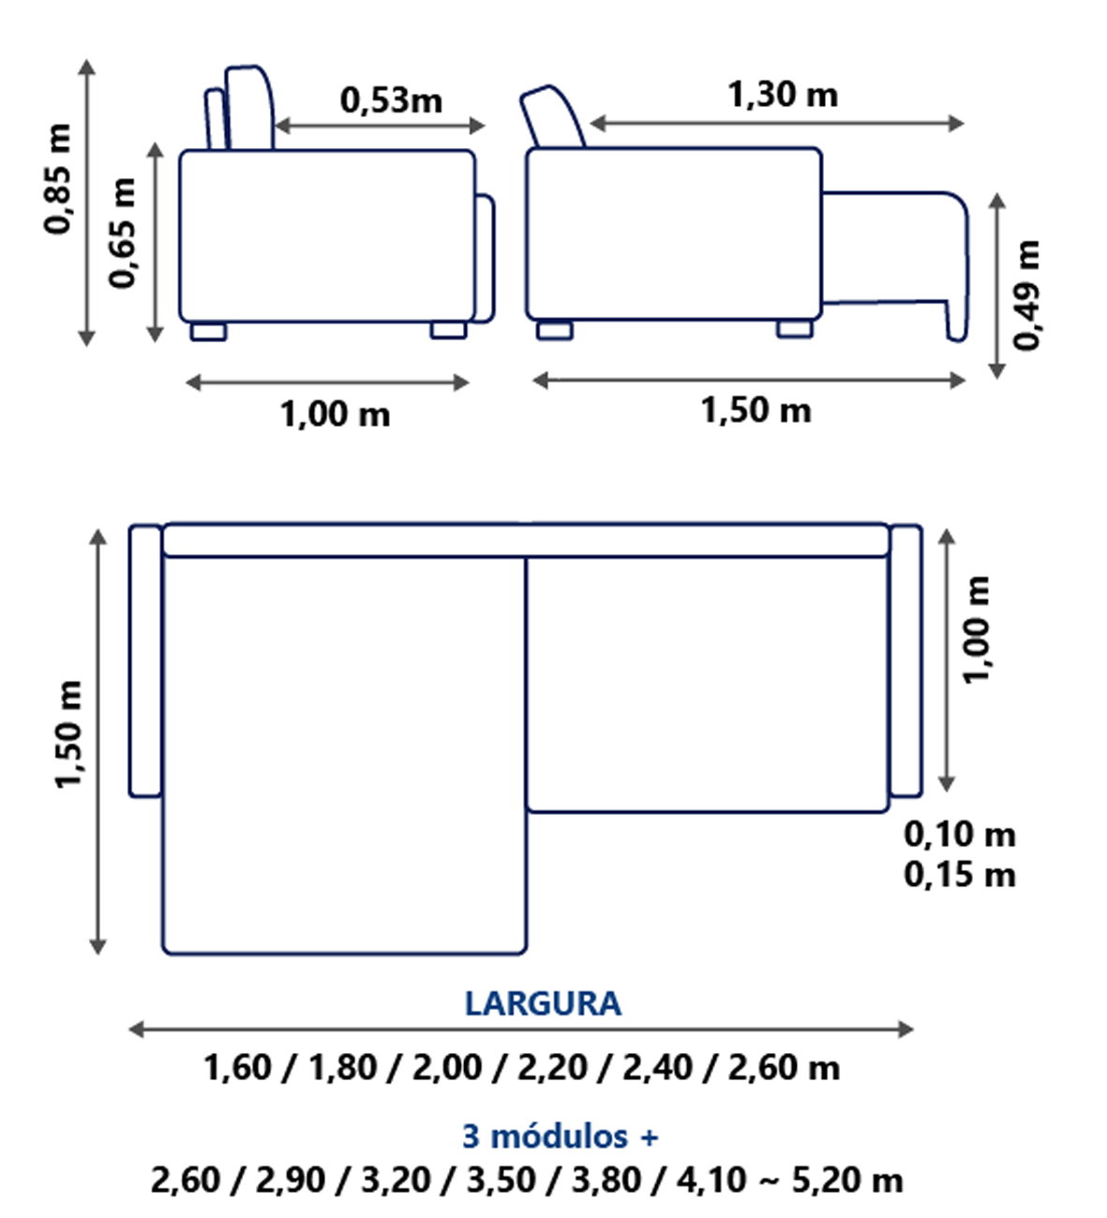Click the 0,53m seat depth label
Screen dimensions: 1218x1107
tap(391, 100)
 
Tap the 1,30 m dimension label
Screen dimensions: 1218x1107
tap(783, 95)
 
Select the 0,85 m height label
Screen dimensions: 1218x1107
tap(58, 178)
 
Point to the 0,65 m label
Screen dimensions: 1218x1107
tap(123, 233)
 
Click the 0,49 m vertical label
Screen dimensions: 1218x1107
tap(1027, 294)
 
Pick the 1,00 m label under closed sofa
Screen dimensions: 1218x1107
tap(335, 414)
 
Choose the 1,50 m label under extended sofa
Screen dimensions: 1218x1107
tap(755, 411)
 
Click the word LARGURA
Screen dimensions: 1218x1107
tap(543, 1004)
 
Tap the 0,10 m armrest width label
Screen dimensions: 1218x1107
tap(959, 834)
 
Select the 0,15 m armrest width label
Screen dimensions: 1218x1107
tap(959, 875)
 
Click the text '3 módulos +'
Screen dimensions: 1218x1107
tap(560, 1136)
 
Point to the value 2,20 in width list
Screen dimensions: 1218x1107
tap(551, 1068)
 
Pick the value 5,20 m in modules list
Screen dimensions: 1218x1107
tap(847, 1180)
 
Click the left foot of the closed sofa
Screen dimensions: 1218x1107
tap(208, 331)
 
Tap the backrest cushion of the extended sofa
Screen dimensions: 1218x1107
tap(553, 117)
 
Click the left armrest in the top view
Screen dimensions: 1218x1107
tap(145, 661)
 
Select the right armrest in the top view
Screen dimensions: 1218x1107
tap(905, 661)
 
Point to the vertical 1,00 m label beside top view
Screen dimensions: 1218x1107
tap(977, 630)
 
